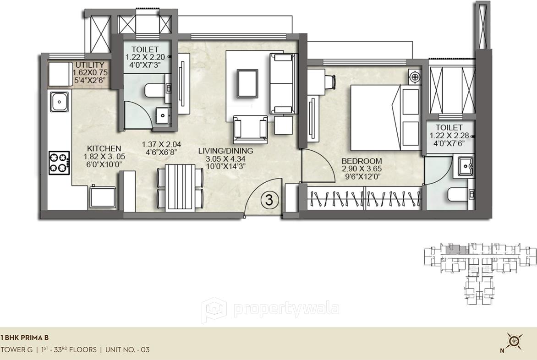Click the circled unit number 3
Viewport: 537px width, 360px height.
tap(269, 200)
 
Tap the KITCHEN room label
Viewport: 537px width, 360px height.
tap(104, 148)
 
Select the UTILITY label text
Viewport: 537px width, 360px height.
tap(90, 65)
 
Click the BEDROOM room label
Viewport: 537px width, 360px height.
tap(362, 161)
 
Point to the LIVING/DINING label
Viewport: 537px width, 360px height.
tap(225, 151)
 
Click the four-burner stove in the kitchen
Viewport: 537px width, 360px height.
tap(59, 162)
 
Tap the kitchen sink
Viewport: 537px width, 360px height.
tap(60, 102)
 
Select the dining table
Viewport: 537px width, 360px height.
tap(180, 187)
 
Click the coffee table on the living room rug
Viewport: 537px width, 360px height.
tap(247, 83)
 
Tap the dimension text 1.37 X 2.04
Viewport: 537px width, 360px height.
tap(159, 144)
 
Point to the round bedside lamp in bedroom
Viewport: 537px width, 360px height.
tap(415, 77)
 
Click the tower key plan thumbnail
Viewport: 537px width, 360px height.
tap(479, 272)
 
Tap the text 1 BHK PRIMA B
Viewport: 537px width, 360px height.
tap(25, 338)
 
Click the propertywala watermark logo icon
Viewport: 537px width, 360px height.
tap(214, 310)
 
